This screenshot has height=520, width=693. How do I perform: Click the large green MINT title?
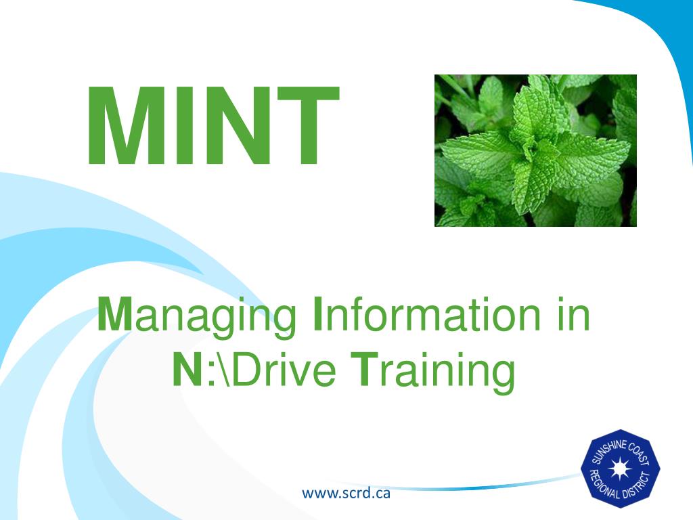click(214, 125)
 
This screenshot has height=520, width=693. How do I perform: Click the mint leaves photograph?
click(535, 150)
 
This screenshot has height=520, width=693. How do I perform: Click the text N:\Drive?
click(254, 370)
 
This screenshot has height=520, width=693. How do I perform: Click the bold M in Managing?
click(114, 314)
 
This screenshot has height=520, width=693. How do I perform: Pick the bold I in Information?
click(317, 314)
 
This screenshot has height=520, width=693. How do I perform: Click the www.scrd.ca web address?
click(346, 493)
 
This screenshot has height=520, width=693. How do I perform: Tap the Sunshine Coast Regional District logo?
click(620, 469)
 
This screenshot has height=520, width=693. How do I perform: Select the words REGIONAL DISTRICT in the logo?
click(620, 485)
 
